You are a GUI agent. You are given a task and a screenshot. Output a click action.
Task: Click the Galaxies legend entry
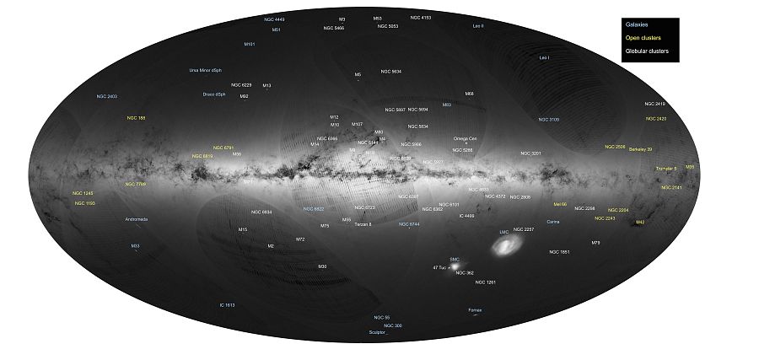(x=637, y=24)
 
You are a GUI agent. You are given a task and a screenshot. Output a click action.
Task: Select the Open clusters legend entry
(x=643, y=38)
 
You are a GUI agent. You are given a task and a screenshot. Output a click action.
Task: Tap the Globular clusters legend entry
(x=647, y=51)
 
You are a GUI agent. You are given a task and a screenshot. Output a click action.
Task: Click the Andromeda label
(x=137, y=219)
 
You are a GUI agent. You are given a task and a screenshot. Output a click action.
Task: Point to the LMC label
(x=504, y=230)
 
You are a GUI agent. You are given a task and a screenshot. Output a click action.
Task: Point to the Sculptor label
(x=378, y=333)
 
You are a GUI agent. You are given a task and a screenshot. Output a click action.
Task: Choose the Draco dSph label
(x=214, y=94)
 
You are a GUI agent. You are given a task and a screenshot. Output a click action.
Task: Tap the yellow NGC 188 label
(x=137, y=118)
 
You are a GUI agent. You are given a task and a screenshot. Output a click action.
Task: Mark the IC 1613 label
(x=227, y=304)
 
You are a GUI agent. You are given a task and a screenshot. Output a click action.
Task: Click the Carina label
(x=553, y=222)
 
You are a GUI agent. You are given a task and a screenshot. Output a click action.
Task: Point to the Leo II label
(x=478, y=26)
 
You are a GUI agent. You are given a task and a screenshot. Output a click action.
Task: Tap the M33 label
(x=135, y=245)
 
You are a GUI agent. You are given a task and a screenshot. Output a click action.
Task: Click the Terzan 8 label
(x=363, y=224)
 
